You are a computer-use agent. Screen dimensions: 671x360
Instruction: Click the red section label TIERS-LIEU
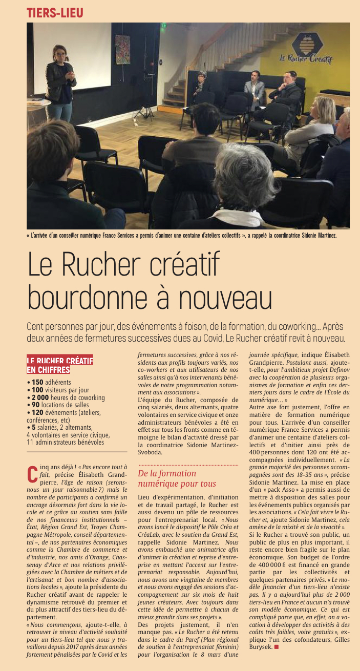click(55, 13)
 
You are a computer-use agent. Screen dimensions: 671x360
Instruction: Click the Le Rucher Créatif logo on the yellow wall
click(306, 50)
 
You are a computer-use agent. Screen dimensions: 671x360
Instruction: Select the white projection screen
click(72, 57)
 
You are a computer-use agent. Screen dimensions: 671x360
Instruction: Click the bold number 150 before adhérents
click(37, 382)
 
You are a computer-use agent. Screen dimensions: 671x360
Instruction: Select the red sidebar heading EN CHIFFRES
click(48, 369)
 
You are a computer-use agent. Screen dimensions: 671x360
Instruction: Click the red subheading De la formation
click(167, 473)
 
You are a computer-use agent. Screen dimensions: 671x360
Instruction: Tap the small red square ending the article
click(276, 647)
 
